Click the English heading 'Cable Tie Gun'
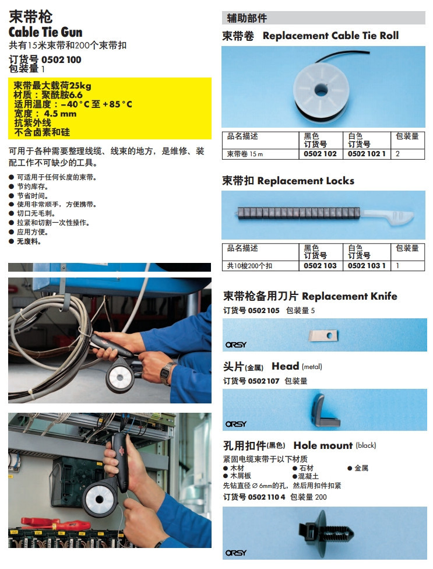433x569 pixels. pos(45,32)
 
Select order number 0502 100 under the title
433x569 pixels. pos(61,59)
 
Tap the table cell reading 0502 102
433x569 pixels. pos(320,154)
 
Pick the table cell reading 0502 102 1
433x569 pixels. pos(367,154)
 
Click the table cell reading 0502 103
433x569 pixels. pos(320,265)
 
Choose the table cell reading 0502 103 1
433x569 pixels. pos(367,265)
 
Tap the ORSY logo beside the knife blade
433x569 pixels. pos(236,345)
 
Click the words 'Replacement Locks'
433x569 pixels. pos(305,181)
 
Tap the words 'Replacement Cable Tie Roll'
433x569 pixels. pos(330,36)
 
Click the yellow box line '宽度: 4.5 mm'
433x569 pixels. pos(45,114)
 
